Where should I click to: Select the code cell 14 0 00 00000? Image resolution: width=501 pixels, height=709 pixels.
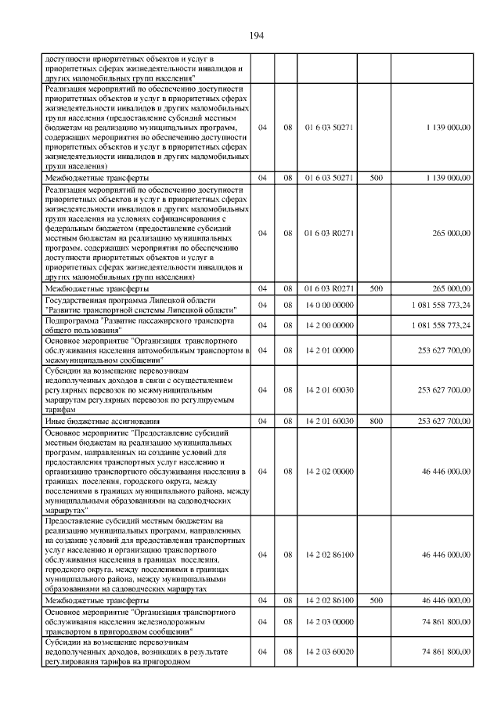click(x=329, y=305)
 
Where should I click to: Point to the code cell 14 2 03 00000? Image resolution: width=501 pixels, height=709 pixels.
click(x=329, y=619)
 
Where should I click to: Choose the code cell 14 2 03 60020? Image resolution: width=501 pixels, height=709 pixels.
click(x=329, y=651)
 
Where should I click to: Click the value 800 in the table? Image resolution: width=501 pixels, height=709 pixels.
click(x=376, y=421)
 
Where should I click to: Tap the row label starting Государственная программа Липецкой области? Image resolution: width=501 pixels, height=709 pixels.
click(x=146, y=305)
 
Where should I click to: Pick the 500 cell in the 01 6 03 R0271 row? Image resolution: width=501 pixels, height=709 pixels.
click(x=376, y=288)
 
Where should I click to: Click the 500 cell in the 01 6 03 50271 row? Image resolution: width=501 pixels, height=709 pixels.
click(x=376, y=178)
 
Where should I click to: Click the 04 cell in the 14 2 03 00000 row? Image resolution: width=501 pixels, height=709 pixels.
click(x=263, y=619)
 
